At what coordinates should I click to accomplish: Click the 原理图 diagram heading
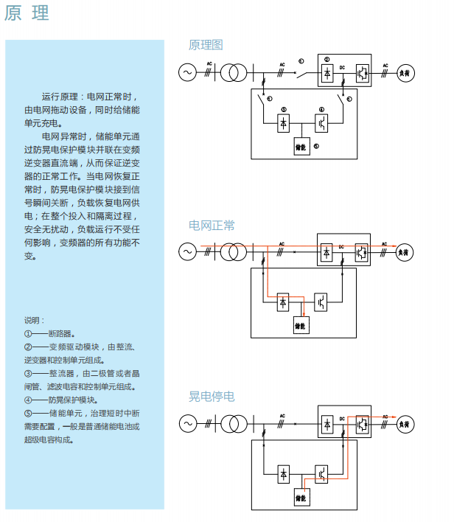click(206, 46)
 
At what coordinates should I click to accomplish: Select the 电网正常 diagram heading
click(212, 225)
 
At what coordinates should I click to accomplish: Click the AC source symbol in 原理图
click(186, 72)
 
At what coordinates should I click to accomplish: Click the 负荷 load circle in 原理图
click(405, 72)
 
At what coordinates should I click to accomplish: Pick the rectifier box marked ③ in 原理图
click(284, 122)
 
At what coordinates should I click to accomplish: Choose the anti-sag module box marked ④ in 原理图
click(321, 122)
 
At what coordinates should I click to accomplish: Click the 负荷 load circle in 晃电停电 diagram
click(405, 424)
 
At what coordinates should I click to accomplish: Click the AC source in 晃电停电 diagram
click(186, 424)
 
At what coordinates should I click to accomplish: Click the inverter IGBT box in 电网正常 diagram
click(361, 251)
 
